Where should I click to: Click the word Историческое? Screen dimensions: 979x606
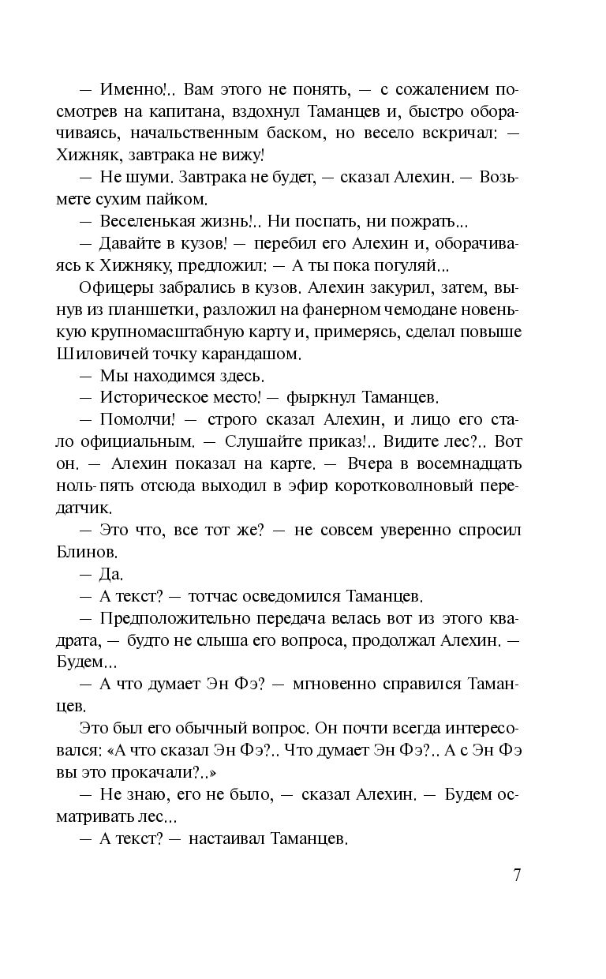tap(152, 397)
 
